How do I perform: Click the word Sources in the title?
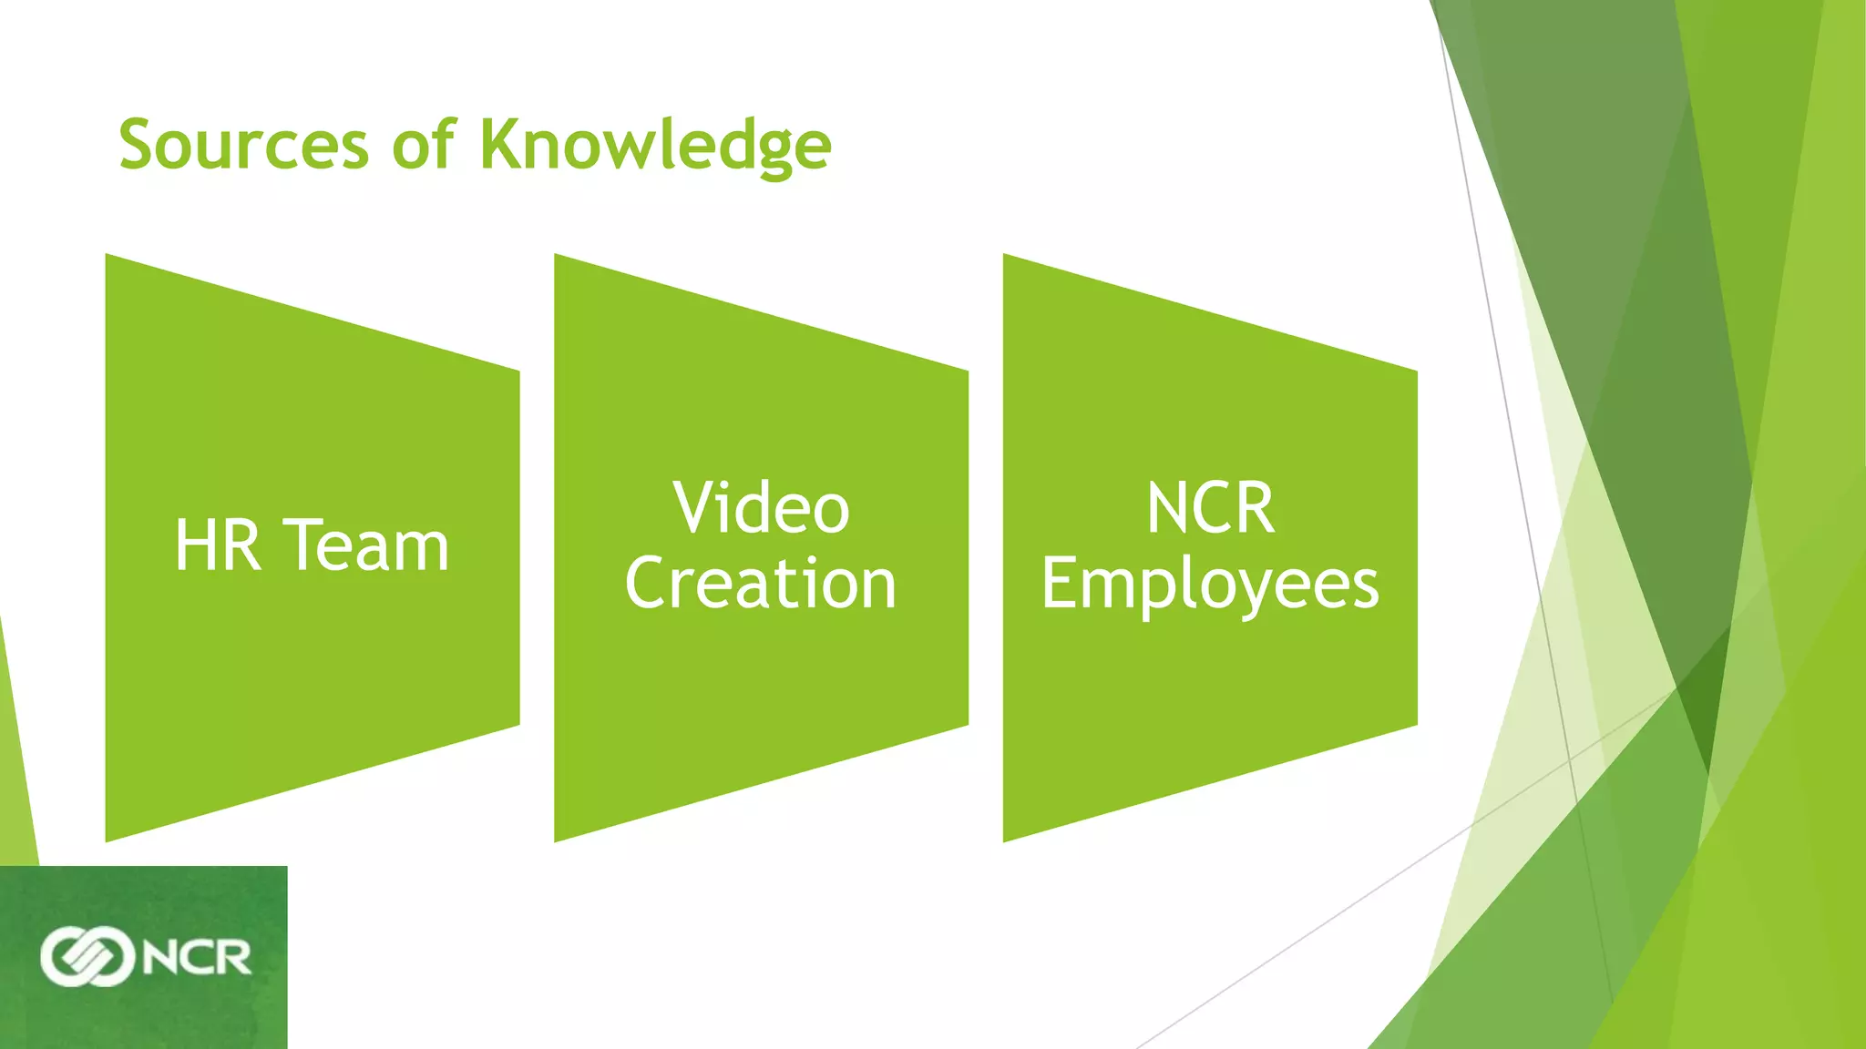coord(243,146)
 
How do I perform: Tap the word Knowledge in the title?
coord(655,146)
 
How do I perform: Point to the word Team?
coord(368,545)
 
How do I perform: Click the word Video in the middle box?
coord(761,508)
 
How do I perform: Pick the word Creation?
coord(761,584)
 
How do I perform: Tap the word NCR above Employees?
coord(1210,508)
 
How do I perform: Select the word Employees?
coord(1210,586)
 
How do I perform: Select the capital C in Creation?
coord(647,584)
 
